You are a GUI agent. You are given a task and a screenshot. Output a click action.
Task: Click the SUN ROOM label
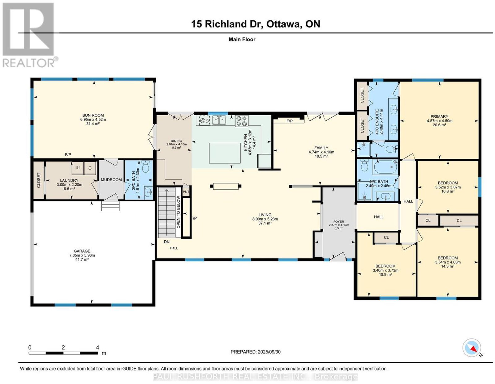coord(93,115)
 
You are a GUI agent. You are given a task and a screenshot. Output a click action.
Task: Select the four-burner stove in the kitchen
coord(241,121)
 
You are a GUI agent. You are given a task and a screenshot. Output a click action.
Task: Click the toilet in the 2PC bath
coord(145,167)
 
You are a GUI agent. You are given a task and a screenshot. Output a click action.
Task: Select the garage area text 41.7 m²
coord(82,259)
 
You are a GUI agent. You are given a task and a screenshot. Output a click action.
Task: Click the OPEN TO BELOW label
coord(179,212)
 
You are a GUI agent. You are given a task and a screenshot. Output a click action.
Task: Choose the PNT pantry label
coord(186,192)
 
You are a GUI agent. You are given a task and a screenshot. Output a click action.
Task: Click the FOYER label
coord(339,222)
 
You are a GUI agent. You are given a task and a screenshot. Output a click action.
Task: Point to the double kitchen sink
coord(219,120)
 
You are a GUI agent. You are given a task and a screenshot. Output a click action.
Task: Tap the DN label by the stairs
coord(167,242)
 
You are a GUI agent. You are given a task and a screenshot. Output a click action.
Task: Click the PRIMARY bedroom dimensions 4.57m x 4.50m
coord(439,121)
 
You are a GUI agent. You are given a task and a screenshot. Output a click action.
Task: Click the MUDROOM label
coord(111,179)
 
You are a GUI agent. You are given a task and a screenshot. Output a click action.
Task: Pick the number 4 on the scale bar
coord(97,348)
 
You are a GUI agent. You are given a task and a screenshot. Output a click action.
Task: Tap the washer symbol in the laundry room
coord(77,168)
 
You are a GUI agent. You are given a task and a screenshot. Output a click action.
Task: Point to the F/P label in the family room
coord(290,121)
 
